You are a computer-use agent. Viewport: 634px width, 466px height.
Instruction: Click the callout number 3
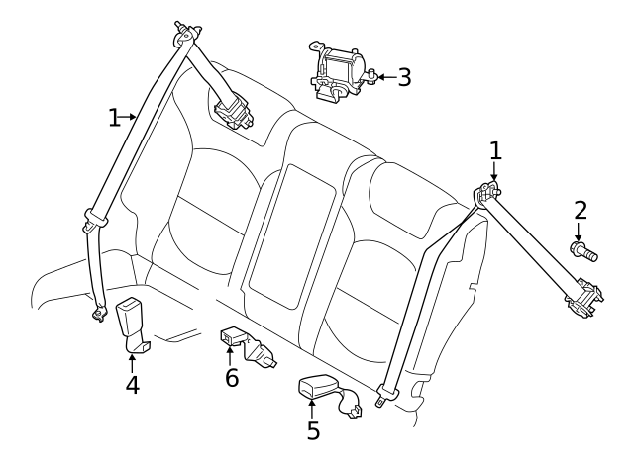(403, 77)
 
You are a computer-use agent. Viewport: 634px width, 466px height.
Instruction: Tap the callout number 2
(581, 210)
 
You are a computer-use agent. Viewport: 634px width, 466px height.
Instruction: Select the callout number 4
(132, 383)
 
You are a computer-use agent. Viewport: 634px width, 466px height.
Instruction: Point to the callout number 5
(313, 430)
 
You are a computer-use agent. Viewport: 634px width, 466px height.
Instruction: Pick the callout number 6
(231, 377)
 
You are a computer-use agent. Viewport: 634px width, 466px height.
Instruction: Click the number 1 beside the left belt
(115, 118)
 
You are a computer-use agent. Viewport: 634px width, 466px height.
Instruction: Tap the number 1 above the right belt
(495, 150)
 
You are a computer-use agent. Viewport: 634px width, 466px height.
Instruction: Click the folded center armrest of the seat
(287, 232)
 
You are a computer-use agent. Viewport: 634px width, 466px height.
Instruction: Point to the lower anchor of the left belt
(97, 315)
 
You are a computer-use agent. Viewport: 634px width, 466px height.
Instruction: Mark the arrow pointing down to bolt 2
(580, 231)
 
